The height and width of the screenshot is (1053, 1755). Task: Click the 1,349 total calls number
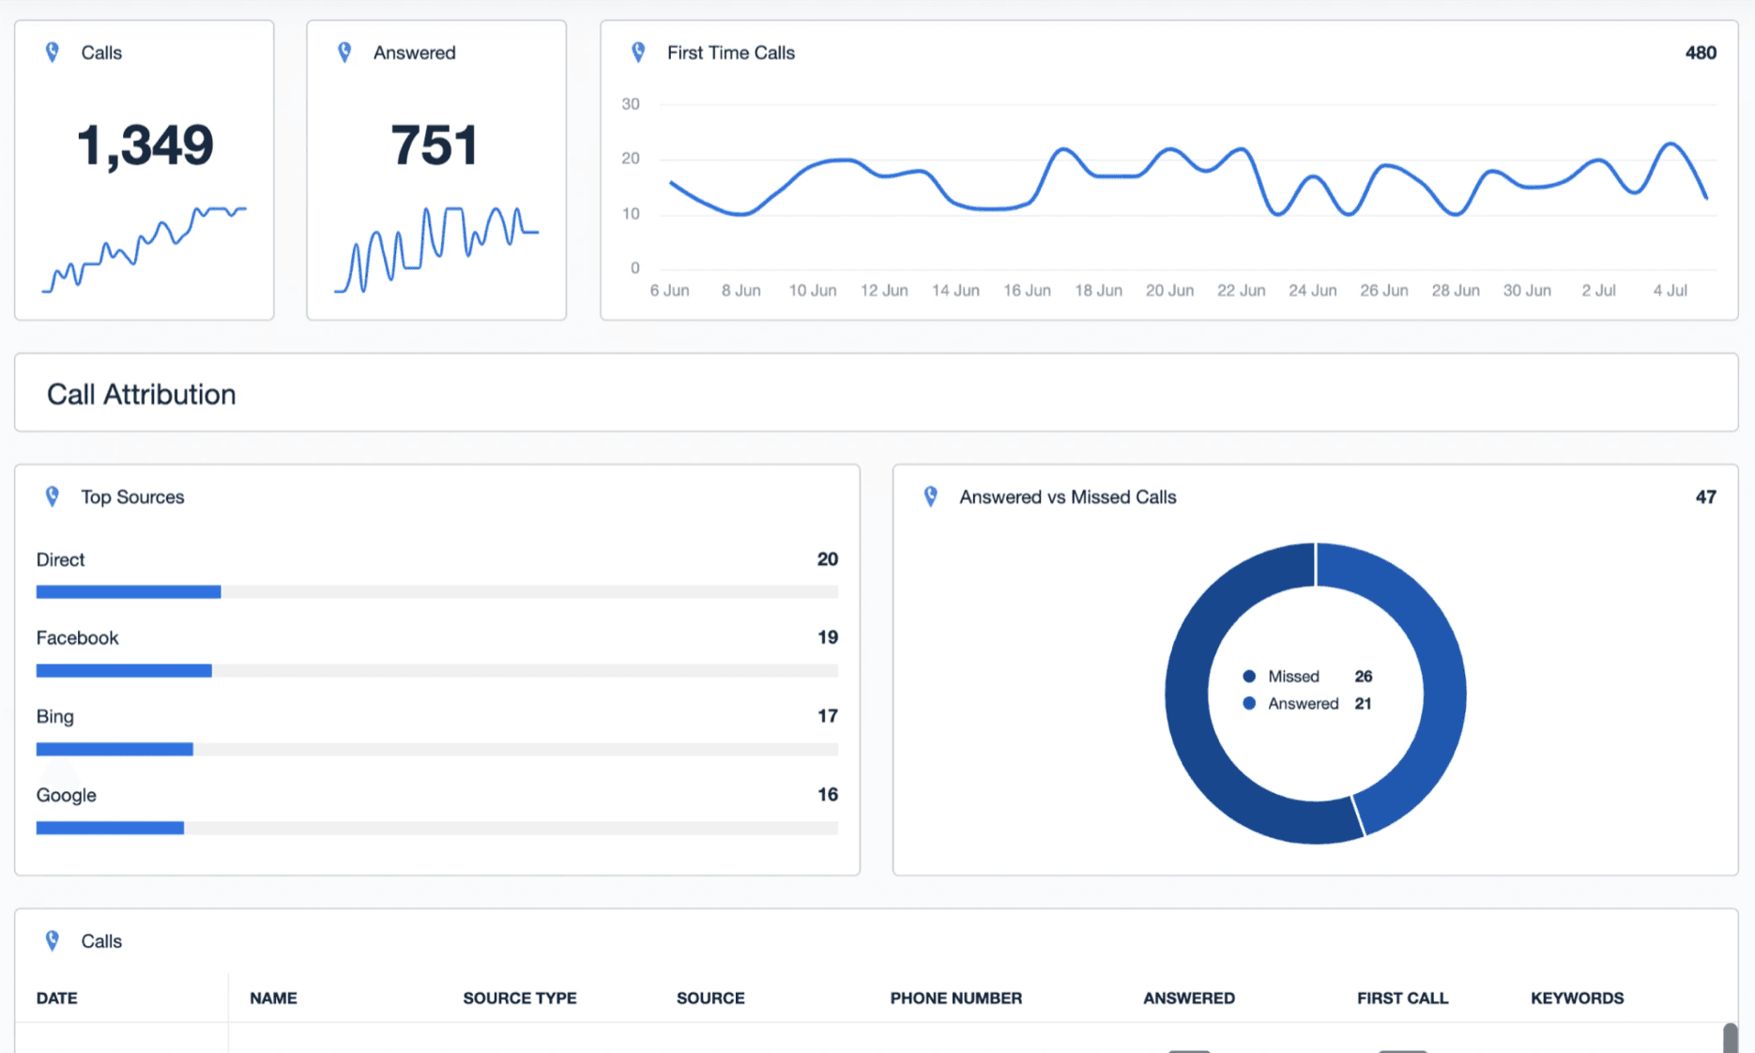click(145, 145)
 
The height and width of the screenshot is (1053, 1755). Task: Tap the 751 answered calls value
click(435, 145)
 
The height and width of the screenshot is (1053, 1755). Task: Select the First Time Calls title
click(730, 53)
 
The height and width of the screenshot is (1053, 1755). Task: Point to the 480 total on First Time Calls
click(1700, 53)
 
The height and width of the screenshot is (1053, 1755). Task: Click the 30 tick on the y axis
click(631, 104)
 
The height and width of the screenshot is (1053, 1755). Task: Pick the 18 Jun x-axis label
click(1098, 291)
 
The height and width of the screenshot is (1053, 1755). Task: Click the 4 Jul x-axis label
click(1670, 291)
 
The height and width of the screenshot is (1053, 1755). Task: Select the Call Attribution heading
click(141, 394)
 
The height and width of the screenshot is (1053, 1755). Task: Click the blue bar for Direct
click(129, 592)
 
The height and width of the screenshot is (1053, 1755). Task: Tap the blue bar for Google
click(110, 828)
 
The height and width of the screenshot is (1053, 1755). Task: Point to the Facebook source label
click(77, 638)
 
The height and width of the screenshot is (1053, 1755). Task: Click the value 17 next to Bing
click(827, 716)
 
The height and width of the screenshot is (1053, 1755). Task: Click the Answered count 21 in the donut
click(1363, 704)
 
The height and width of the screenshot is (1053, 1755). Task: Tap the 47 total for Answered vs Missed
click(1705, 497)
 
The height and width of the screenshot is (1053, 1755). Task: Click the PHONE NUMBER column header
click(955, 999)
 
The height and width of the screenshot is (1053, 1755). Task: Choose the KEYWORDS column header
click(1577, 999)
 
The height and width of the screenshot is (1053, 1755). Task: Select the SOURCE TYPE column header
click(519, 999)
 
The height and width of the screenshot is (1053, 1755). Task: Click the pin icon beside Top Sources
click(53, 496)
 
